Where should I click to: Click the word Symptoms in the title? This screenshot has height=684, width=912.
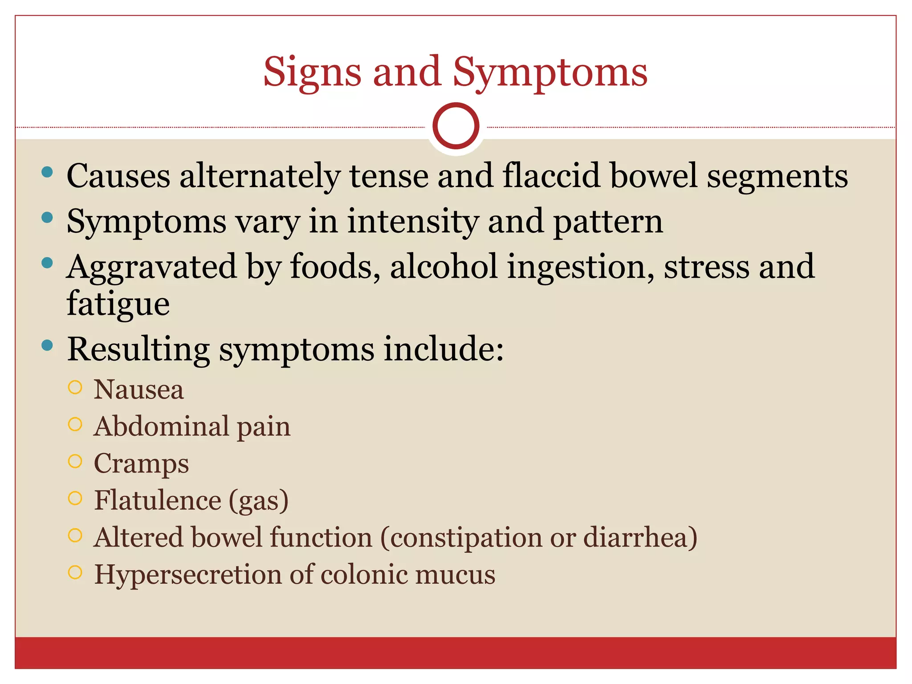pyautogui.click(x=550, y=73)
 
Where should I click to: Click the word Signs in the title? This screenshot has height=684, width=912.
pyautogui.click(x=312, y=73)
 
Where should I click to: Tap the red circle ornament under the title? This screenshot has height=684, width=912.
pyautogui.click(x=456, y=126)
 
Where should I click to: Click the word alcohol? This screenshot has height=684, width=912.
pyautogui.click(x=444, y=267)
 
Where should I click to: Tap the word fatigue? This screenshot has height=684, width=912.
pyautogui.click(x=118, y=304)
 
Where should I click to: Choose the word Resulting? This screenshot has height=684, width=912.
pyautogui.click(x=138, y=350)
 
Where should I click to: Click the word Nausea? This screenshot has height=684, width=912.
pyautogui.click(x=138, y=390)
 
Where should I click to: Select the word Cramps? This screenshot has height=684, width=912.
pyautogui.click(x=141, y=464)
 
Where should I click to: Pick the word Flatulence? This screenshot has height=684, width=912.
pyautogui.click(x=158, y=500)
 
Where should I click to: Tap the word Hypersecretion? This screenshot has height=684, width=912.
pyautogui.click(x=188, y=574)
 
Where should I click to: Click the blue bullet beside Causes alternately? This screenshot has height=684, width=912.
pyautogui.click(x=47, y=172)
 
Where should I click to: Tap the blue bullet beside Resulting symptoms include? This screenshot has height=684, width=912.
pyautogui.click(x=47, y=345)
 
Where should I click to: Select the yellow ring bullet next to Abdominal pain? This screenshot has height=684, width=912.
pyautogui.click(x=75, y=424)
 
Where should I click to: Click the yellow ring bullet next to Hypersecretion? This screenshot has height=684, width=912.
pyautogui.click(x=75, y=572)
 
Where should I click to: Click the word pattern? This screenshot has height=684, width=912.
pyautogui.click(x=608, y=221)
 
